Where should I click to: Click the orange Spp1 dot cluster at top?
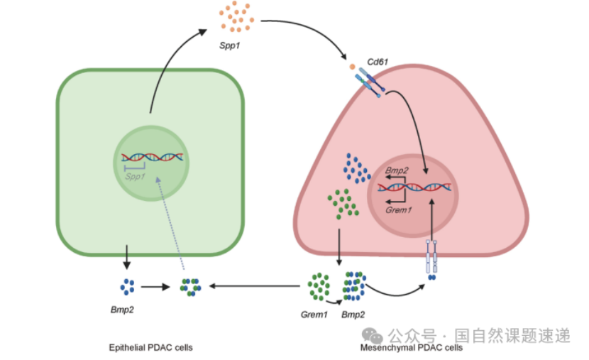coord(235,17)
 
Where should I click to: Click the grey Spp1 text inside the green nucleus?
coord(135,175)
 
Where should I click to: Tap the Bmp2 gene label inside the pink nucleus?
coord(397,171)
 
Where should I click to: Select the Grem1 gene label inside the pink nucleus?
coord(399,209)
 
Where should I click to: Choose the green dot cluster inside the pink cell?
coord(342,204)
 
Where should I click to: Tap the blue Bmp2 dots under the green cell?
coord(128,287)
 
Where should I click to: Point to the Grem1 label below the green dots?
coord(314,313)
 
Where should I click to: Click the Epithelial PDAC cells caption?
coord(150,347)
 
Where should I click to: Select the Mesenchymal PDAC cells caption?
coord(411,347)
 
